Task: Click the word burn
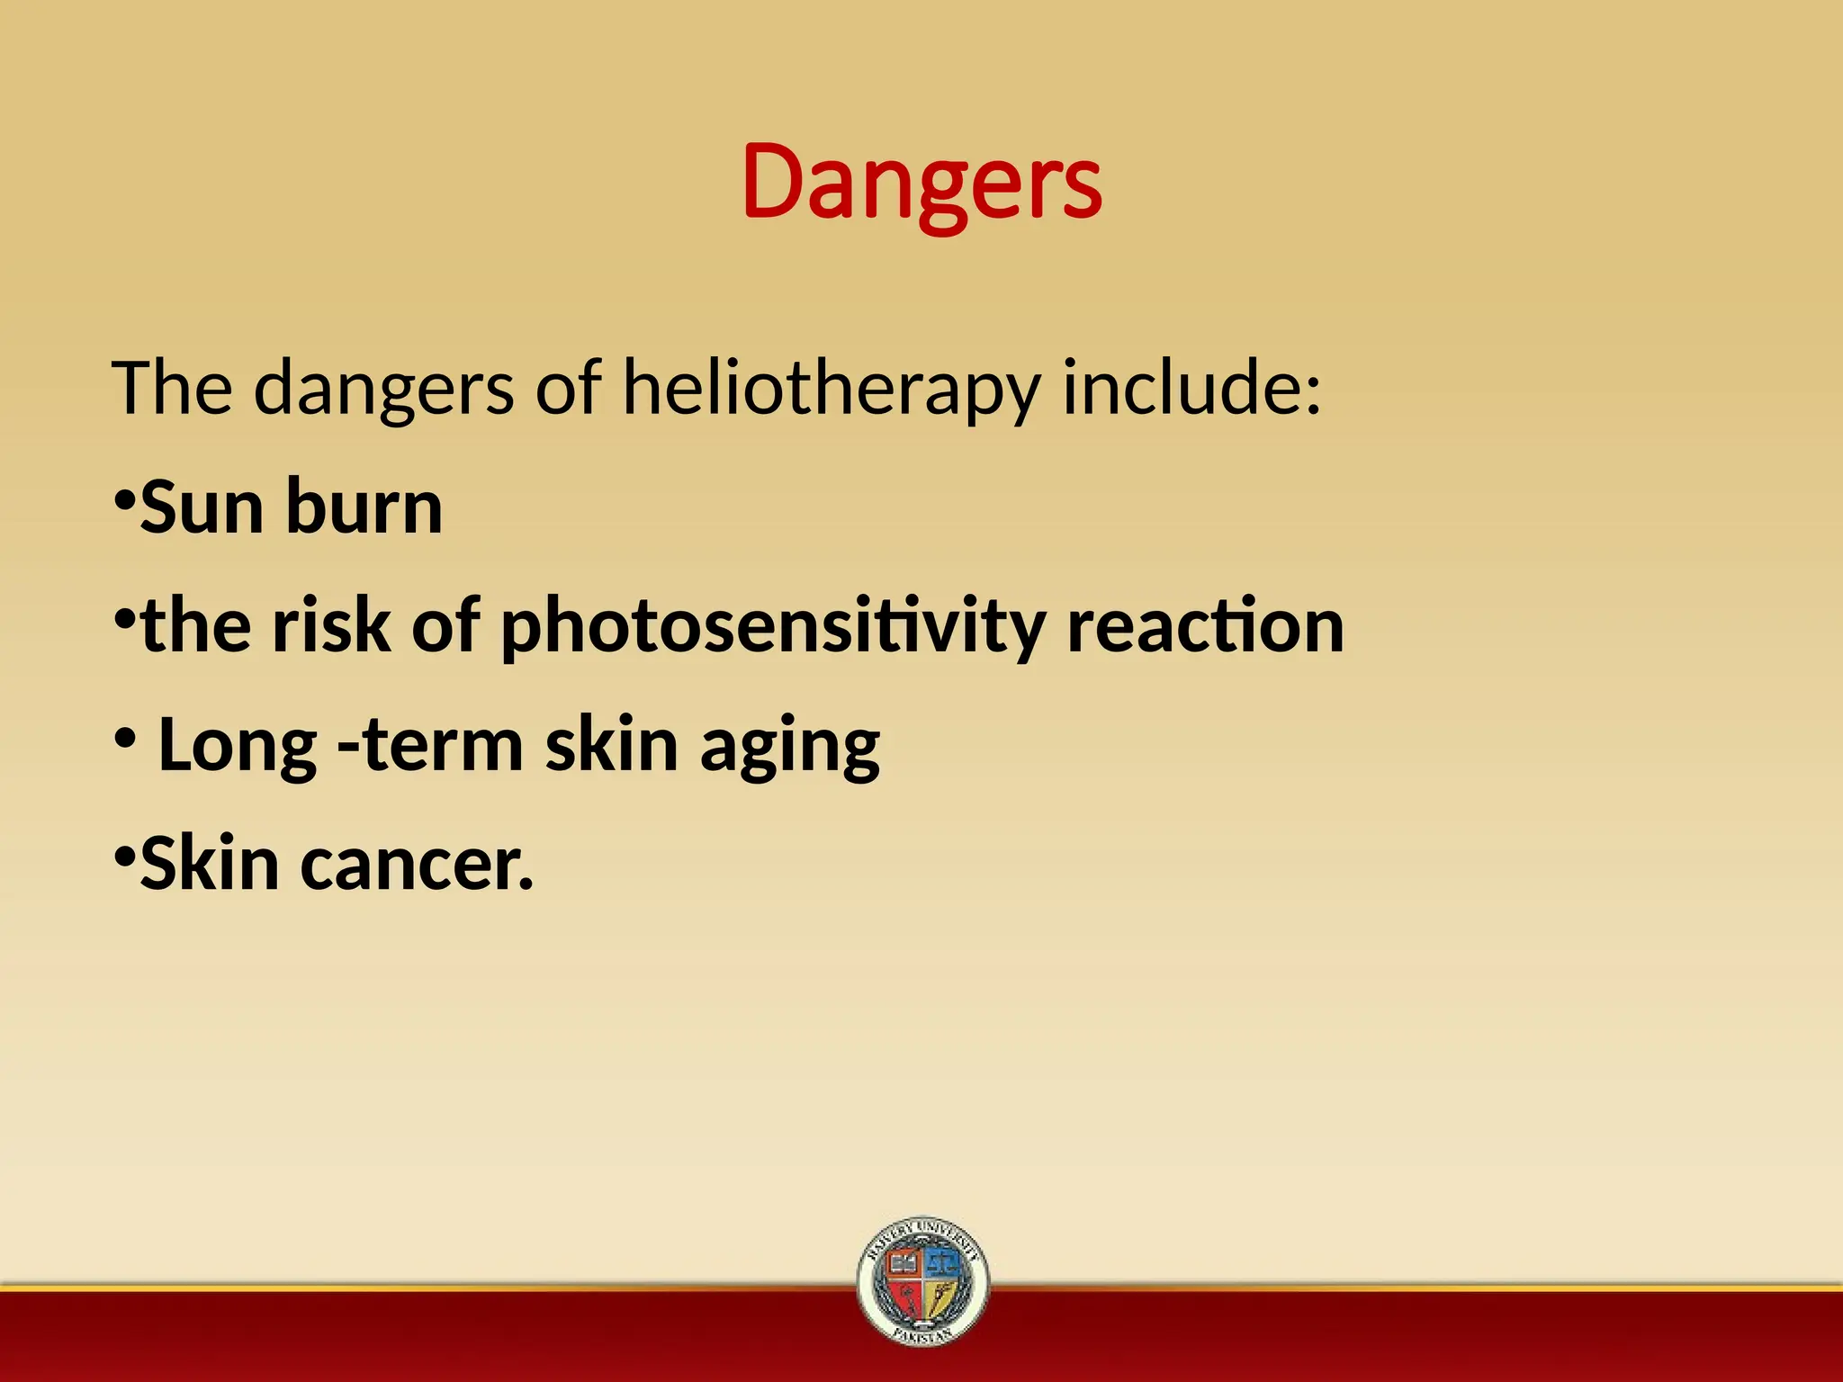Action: pyautogui.click(x=364, y=507)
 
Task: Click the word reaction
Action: pyautogui.click(x=1205, y=626)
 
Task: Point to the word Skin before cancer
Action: pyautogui.click(x=210, y=865)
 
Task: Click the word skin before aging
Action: pyautogui.click(x=611, y=747)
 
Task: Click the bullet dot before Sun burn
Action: pyautogui.click(x=125, y=498)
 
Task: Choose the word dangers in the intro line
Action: pyautogui.click(x=384, y=390)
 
